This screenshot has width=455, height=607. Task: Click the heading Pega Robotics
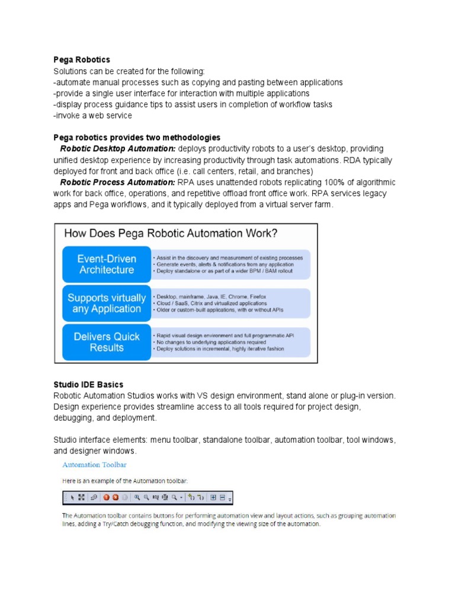coord(82,60)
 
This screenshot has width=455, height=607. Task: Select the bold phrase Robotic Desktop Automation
coord(118,149)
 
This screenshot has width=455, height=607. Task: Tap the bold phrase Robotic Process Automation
coord(118,183)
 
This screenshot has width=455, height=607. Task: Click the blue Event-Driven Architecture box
coord(107,264)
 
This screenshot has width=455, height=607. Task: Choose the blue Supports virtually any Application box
coord(107,303)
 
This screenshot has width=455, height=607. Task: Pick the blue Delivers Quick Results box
coord(107,342)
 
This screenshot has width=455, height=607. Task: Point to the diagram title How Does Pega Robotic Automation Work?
coord(170,234)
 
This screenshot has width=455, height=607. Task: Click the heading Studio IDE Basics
coord(88,385)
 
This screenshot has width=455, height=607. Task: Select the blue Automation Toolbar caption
coord(94,465)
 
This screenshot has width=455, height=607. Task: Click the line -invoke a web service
coord(92,116)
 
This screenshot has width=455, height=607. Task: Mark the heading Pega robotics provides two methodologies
coord(137,138)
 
